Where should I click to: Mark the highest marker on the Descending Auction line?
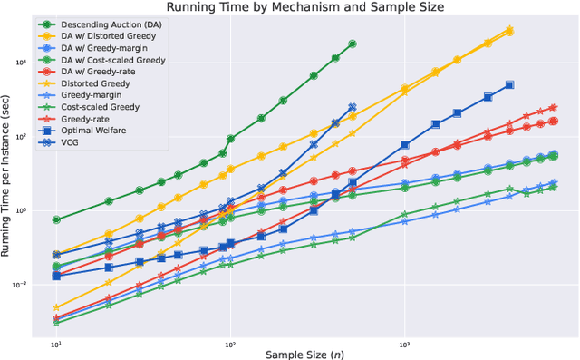coord(353,44)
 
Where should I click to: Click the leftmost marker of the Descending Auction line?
coord(56,219)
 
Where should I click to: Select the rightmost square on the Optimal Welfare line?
coord(509,84)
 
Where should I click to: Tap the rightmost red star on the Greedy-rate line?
coord(553,107)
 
